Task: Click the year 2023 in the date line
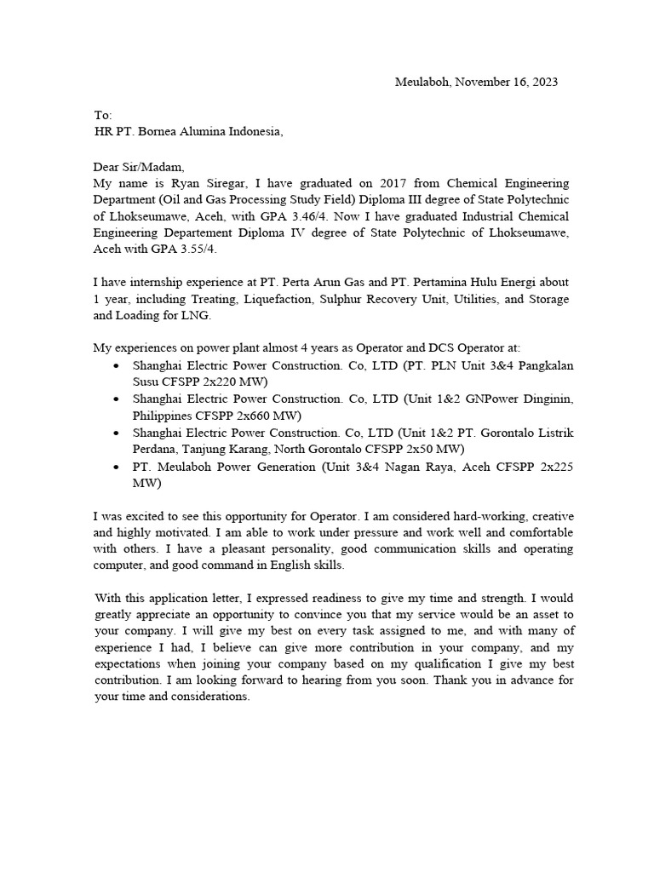544,82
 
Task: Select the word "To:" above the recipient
103,115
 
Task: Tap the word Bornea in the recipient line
169,131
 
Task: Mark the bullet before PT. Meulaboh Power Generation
116,468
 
